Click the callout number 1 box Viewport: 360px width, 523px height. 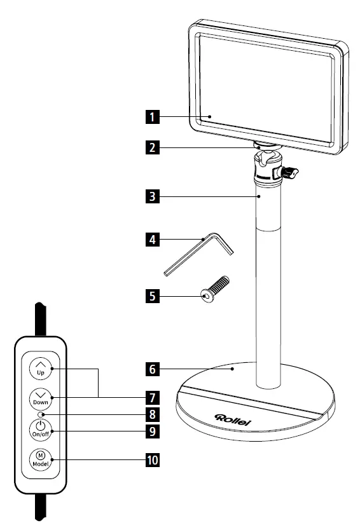pos(151,117)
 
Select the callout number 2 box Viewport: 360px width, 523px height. pos(151,148)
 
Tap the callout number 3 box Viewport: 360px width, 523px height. pos(151,196)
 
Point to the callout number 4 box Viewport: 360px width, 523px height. pos(151,241)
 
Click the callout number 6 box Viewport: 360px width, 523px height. pos(151,368)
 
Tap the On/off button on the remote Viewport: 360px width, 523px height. pos(39,428)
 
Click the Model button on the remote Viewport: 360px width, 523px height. pos(39,459)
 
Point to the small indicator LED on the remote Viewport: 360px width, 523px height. pos(41,415)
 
